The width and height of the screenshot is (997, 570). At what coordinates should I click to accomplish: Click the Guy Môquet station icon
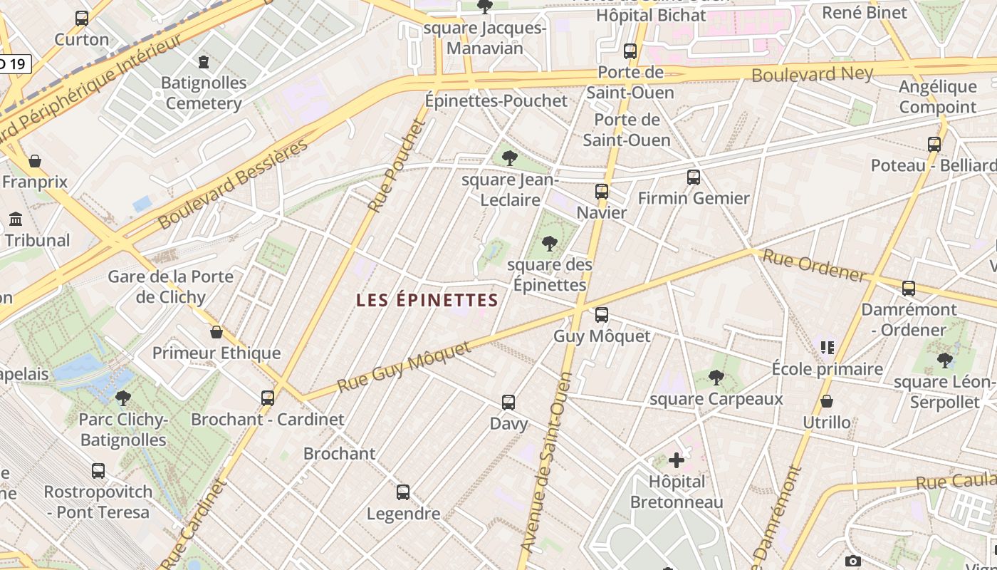(602, 314)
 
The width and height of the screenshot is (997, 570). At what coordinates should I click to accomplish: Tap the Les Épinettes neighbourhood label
(427, 300)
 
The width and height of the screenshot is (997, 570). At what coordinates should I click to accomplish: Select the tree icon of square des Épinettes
(549, 244)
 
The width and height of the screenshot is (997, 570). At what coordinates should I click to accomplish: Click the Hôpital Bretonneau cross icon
(676, 460)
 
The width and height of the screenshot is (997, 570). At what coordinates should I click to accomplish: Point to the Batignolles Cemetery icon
(204, 62)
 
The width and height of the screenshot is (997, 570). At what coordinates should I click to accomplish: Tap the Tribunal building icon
(16, 219)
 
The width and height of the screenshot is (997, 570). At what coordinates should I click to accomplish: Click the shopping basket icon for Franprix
(34, 161)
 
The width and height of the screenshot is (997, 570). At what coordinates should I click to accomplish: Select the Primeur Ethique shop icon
(216, 332)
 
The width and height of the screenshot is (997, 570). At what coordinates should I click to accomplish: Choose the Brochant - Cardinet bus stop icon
(268, 398)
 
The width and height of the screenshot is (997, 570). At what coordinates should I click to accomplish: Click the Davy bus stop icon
(508, 403)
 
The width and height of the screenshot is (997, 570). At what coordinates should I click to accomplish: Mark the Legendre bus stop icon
(403, 492)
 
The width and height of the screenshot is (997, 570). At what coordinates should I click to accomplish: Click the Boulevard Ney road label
(812, 74)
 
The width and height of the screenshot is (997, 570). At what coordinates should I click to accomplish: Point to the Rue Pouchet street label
(397, 165)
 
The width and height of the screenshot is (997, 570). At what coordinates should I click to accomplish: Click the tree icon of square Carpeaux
(716, 378)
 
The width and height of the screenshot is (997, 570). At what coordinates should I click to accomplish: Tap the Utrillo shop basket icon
(827, 401)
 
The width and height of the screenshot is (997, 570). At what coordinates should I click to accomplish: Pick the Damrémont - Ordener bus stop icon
(909, 289)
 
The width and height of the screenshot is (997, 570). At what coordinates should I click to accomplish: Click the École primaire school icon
(827, 348)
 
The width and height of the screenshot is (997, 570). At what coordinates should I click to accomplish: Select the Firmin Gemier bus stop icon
(694, 177)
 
